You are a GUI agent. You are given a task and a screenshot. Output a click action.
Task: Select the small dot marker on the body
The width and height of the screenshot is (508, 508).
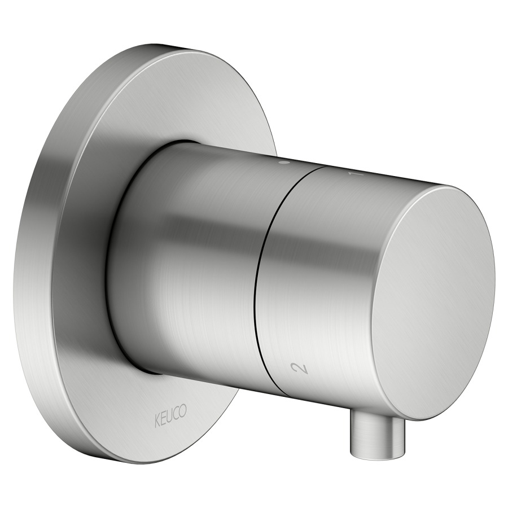(x=284, y=163)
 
